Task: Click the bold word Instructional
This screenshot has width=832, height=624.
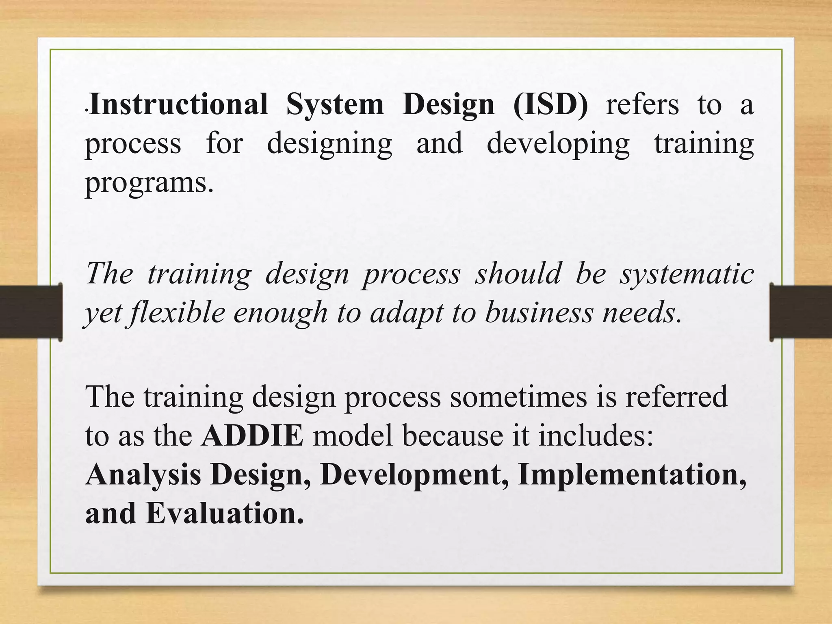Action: coord(179,104)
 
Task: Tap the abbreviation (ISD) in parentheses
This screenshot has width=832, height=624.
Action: coord(550,105)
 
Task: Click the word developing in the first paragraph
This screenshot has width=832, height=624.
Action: coord(558,145)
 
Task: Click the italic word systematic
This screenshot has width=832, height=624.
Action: coord(687,273)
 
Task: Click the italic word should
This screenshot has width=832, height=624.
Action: coord(518,273)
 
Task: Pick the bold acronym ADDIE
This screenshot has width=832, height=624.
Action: coord(252,436)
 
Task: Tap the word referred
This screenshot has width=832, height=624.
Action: coord(676,396)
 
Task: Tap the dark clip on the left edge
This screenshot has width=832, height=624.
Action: coord(31,312)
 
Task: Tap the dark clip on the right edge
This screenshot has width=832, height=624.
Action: coord(800,312)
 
